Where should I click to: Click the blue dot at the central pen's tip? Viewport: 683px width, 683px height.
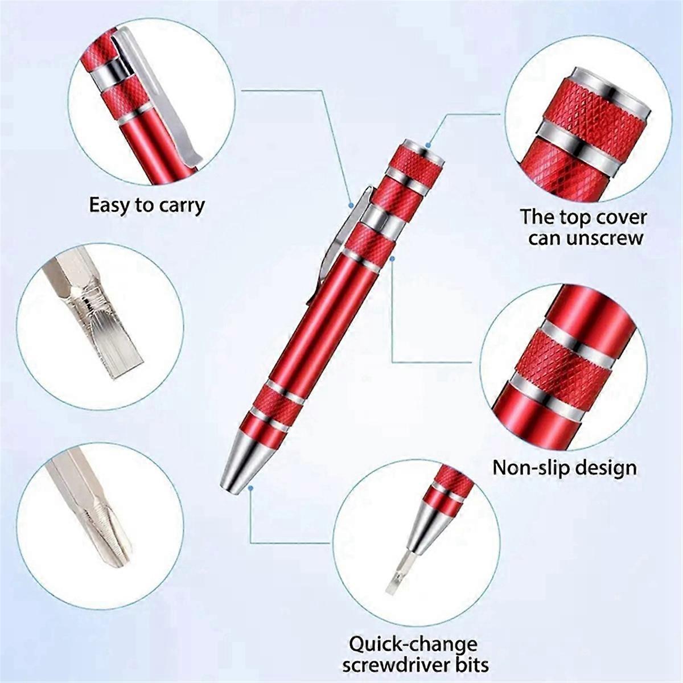pos(251,488)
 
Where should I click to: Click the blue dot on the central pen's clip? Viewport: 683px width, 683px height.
pos(353,204)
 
